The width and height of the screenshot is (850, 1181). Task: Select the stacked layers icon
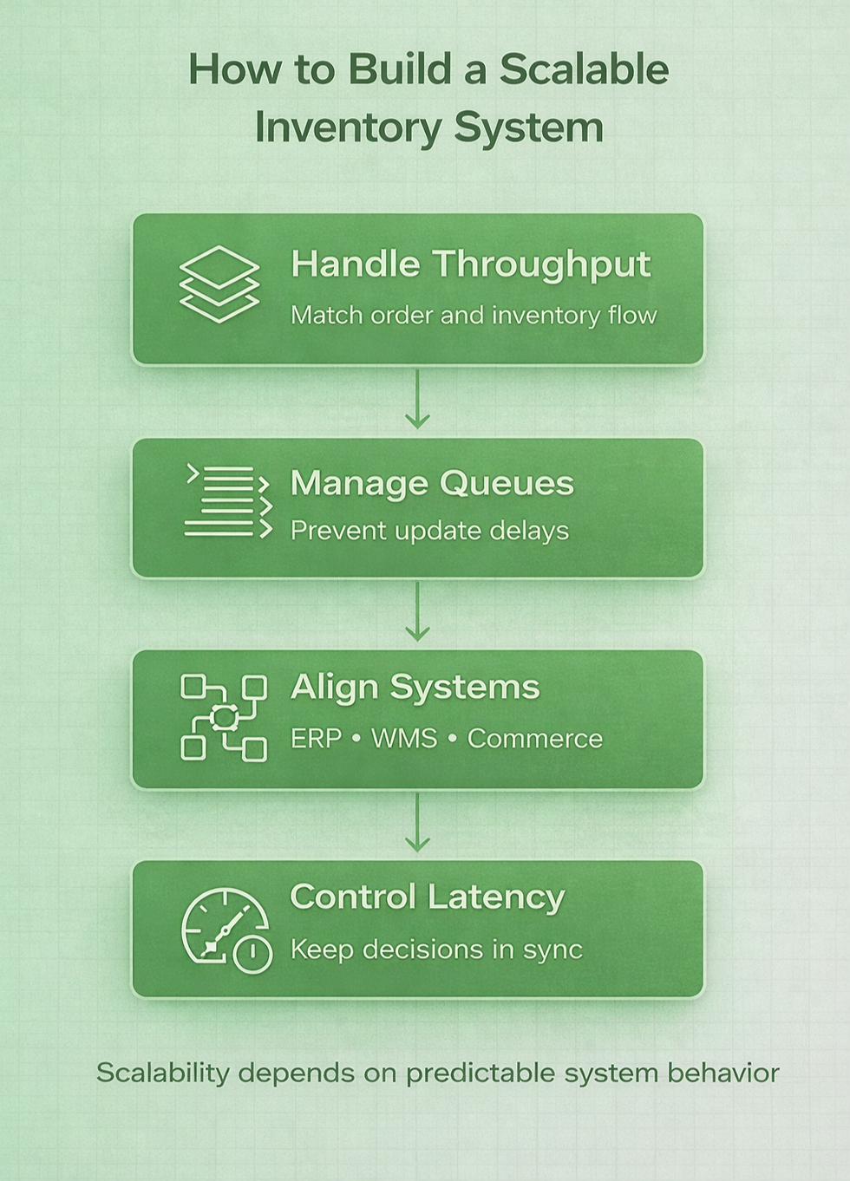219,284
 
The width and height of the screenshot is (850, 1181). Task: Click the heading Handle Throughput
470,264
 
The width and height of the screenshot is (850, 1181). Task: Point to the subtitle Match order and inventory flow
474,315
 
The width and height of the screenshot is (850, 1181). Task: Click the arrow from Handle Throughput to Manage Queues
417,400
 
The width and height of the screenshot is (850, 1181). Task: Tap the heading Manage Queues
432,483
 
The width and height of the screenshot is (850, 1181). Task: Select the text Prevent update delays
429,530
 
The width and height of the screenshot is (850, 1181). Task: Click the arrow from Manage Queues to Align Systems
417,612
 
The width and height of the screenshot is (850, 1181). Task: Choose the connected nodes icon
223,718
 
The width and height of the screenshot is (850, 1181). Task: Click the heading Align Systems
415,687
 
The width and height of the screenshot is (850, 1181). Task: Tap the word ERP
316,739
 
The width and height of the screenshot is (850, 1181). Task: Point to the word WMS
404,739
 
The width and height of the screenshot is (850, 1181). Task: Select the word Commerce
534,739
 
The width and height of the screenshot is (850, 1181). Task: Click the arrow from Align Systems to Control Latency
417,824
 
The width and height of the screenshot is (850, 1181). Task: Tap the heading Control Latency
427,897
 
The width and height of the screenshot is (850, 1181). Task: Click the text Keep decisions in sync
436,949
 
